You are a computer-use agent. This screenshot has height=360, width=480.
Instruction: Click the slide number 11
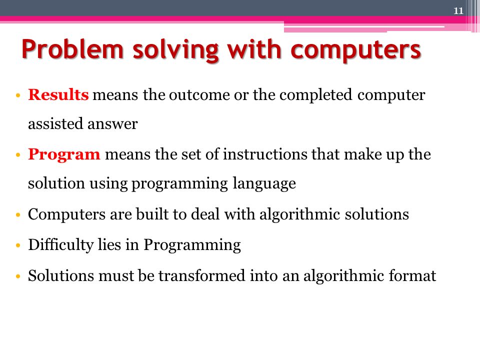[458, 11]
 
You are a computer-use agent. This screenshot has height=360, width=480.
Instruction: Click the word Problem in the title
[70, 51]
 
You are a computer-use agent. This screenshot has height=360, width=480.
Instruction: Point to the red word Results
[58, 95]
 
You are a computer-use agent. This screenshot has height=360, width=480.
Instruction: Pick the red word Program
[64, 154]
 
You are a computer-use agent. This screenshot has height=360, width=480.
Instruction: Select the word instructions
[265, 154]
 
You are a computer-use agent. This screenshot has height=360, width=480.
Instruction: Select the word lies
[108, 245]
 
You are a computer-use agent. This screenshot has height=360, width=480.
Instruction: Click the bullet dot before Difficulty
[18, 245]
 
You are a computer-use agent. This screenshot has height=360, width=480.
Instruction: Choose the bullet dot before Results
[18, 95]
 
